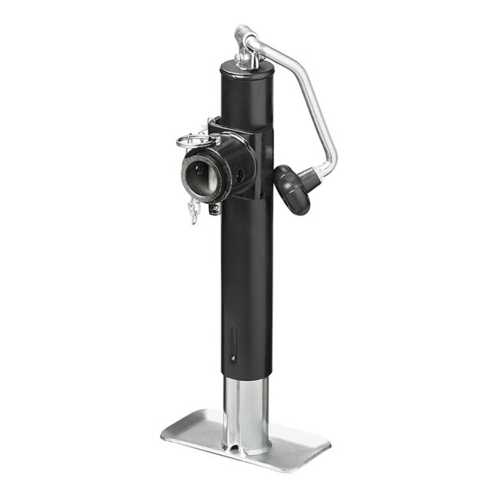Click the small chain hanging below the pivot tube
(x=192, y=210)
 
